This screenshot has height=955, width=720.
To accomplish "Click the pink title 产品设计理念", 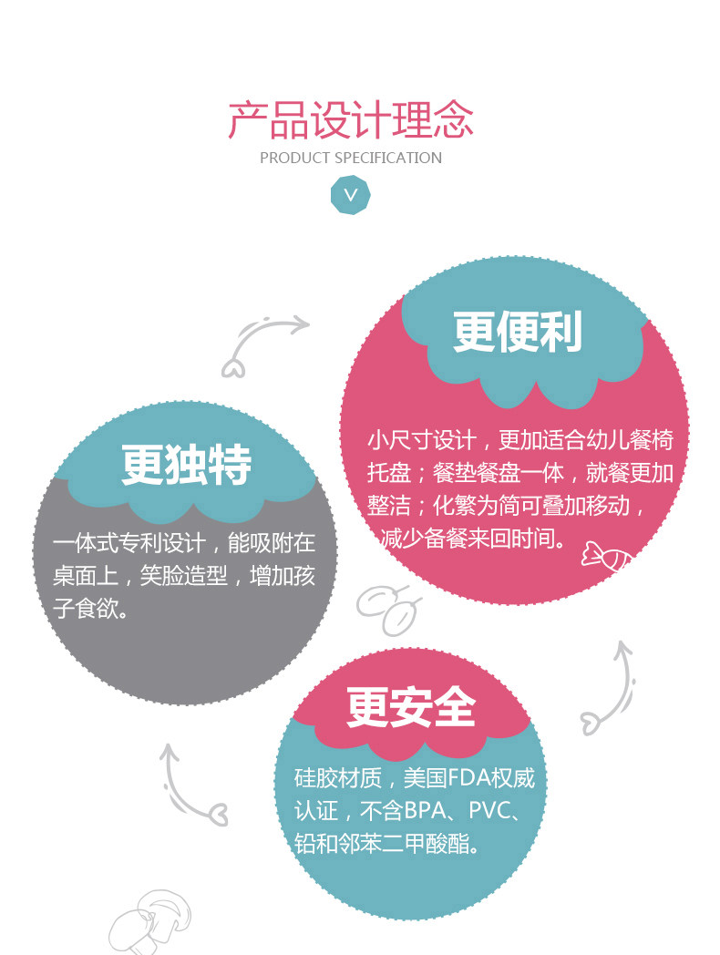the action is [x=351, y=120].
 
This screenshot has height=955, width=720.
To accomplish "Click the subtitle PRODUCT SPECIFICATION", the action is [x=351, y=158].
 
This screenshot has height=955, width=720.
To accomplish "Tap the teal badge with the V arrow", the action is [x=351, y=194].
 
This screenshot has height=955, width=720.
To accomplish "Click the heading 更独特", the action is [x=187, y=466].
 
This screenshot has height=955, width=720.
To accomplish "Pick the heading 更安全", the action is [x=411, y=706].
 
